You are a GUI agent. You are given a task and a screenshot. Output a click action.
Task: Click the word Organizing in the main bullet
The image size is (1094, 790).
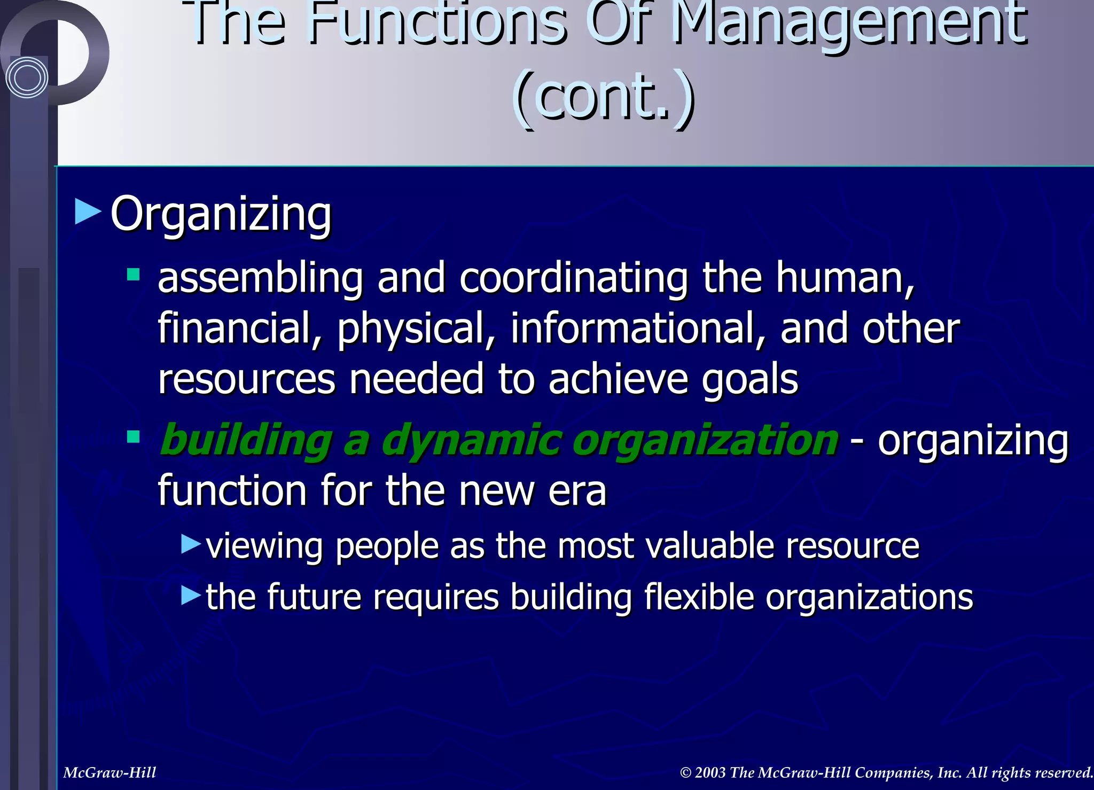coord(221,214)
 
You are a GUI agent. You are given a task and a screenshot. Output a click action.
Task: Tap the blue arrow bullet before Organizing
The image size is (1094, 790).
coord(88,212)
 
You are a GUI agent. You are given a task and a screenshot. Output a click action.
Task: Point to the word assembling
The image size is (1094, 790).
coord(260,278)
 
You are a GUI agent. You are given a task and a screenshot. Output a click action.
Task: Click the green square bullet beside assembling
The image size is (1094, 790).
coord(133,275)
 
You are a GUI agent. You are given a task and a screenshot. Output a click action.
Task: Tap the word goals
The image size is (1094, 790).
coord(750,379)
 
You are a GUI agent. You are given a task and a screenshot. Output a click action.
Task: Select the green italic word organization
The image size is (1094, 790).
coord(706,440)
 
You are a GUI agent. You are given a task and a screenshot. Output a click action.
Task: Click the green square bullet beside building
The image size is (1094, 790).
coord(133,437)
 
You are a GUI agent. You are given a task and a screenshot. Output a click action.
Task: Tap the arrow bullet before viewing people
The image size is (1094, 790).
coord(191,544)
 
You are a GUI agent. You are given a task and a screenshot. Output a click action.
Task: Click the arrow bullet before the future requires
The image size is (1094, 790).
coord(191,595)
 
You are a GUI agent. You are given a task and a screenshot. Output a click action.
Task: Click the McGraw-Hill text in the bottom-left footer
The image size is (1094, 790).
coord(110,772)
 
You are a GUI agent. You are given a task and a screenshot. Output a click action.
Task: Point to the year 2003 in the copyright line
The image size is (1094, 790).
coord(710,772)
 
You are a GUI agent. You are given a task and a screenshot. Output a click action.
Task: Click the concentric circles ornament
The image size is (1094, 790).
coord(27,78)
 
